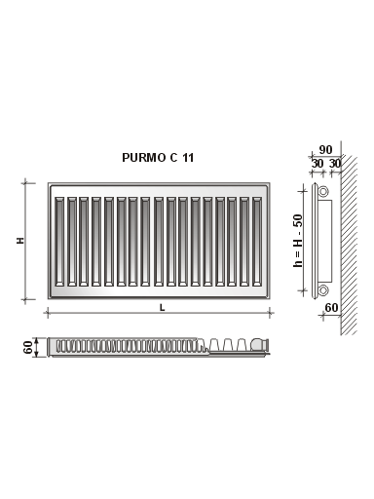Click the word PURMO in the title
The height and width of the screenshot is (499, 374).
[x=144, y=158]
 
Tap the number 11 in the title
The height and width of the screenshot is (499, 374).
[x=188, y=158]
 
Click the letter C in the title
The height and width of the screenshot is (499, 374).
[x=173, y=158]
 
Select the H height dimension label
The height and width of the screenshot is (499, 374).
[x=20, y=241]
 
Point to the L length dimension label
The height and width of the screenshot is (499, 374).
[x=162, y=307]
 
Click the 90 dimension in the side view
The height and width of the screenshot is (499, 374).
[x=325, y=150]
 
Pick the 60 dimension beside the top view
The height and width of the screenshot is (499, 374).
[x=28, y=347]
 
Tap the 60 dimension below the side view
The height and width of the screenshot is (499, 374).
[x=331, y=307]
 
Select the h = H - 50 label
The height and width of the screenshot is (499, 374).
[x=297, y=241]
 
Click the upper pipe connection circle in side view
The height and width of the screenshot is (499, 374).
[x=323, y=191]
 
